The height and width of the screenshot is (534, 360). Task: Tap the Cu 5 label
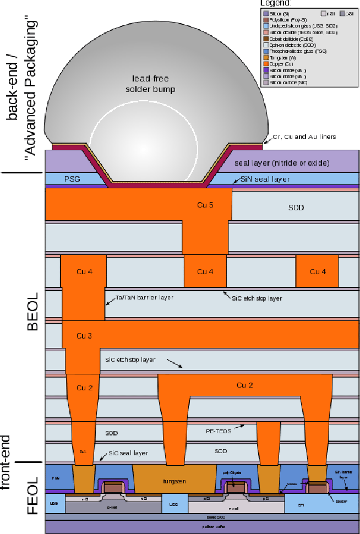click(205, 205)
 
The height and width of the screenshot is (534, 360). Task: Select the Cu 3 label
click(84, 335)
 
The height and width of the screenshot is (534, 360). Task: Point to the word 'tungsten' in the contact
click(174, 481)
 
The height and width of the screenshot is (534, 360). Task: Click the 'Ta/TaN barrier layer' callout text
click(144, 298)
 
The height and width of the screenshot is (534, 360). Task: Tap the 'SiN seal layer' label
click(265, 179)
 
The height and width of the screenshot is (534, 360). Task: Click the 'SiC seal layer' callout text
click(127, 453)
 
